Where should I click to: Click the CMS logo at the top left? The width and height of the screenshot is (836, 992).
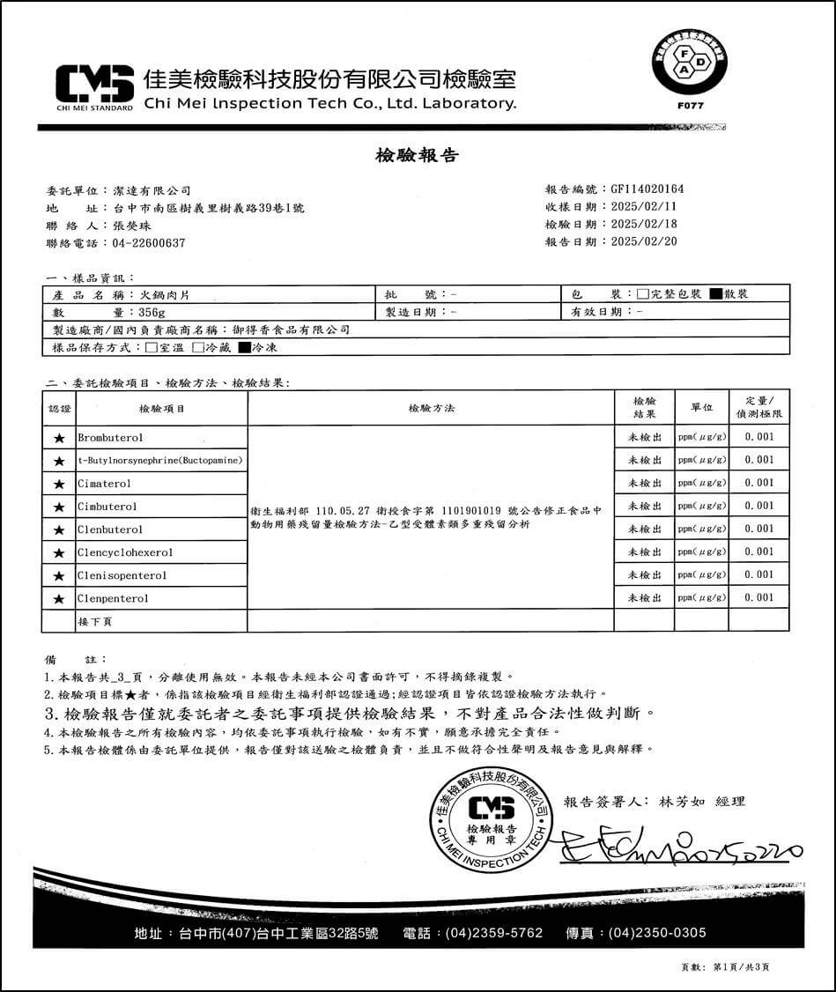click(94, 85)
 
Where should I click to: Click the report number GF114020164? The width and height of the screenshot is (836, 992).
click(647, 189)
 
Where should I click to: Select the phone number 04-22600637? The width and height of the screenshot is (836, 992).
click(150, 242)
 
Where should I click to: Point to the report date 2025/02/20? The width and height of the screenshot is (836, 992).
click(644, 241)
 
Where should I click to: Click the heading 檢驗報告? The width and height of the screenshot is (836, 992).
click(417, 156)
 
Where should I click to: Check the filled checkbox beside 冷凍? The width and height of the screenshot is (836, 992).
click(244, 348)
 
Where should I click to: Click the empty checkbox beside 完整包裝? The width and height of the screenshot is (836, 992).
click(643, 294)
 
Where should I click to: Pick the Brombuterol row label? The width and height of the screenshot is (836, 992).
click(111, 437)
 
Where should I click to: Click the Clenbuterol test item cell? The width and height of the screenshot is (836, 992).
click(110, 529)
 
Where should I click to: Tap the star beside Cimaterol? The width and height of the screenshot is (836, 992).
click(59, 484)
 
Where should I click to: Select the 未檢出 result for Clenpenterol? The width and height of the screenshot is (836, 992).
click(644, 598)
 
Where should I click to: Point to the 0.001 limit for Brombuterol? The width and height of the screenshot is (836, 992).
click(758, 437)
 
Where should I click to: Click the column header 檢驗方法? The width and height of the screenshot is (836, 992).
click(431, 409)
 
